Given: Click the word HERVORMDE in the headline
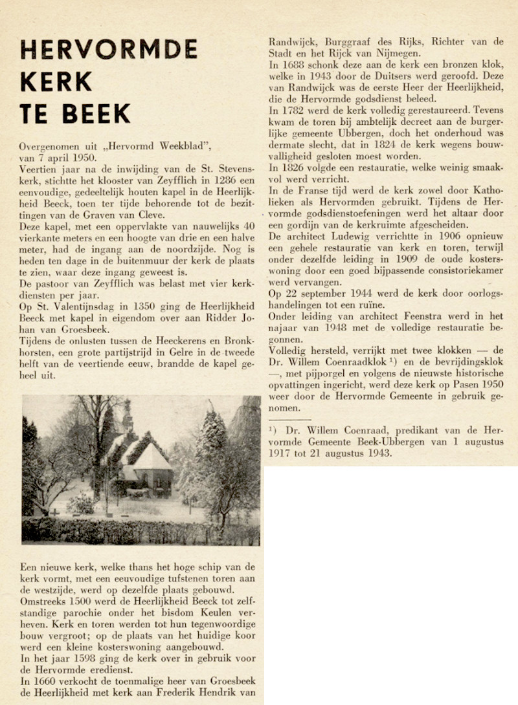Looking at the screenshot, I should pos(109,50).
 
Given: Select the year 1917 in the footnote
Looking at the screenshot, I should pos(282,453).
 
